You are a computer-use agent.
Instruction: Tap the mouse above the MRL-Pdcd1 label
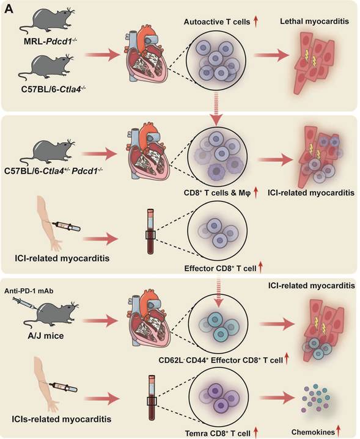(x=47, y=22)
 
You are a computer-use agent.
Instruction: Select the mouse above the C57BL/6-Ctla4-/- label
(x=46, y=67)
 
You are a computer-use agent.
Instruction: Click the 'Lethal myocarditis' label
(x=314, y=21)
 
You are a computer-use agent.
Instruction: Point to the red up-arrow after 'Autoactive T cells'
(x=255, y=21)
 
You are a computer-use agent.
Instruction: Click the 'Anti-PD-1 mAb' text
(x=29, y=291)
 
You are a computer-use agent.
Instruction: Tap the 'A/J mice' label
(x=45, y=335)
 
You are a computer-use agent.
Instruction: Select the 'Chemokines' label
(x=313, y=432)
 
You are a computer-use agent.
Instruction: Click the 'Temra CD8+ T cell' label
(x=218, y=434)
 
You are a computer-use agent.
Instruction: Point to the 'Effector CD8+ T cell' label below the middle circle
(x=221, y=269)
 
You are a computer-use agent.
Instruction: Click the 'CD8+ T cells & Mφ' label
(x=217, y=193)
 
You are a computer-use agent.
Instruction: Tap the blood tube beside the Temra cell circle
(x=152, y=398)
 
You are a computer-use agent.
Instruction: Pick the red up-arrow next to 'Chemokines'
(x=338, y=432)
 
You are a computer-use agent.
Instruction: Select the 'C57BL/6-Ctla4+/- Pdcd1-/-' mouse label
(x=54, y=171)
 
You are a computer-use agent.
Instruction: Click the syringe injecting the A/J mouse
(x=26, y=303)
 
